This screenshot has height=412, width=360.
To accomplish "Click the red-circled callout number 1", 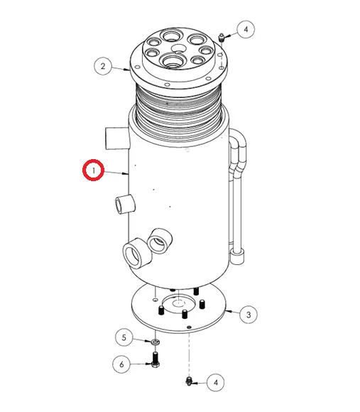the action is point(93,170).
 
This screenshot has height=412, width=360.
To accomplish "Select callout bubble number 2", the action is point(103,66).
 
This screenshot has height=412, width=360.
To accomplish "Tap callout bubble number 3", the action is point(249,315).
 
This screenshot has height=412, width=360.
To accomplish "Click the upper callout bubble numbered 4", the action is point(246,29).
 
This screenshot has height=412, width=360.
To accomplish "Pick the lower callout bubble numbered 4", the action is point(216,382).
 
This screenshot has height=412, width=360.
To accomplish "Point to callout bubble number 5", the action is point(124,337).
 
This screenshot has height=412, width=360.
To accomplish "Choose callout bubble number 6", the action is point(121,364).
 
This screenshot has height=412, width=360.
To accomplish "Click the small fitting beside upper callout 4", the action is point(222,38).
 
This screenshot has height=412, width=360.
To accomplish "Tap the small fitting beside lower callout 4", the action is point(188,381).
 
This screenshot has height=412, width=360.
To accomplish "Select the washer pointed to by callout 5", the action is point(156,342).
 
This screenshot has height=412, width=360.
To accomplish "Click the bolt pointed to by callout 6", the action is point(156,359).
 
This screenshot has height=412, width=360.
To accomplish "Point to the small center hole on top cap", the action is point(178,48).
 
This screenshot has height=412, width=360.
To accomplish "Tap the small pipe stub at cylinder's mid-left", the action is point(125,205).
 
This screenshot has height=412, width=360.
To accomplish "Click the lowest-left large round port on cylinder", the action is point(136,254).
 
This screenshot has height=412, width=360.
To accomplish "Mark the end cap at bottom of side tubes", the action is point(238,256).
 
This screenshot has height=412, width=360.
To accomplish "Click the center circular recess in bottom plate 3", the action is point(179,303).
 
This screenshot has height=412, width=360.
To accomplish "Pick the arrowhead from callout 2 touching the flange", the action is point(127,70).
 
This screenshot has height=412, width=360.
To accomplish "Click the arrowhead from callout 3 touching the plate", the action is point(228,311).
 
